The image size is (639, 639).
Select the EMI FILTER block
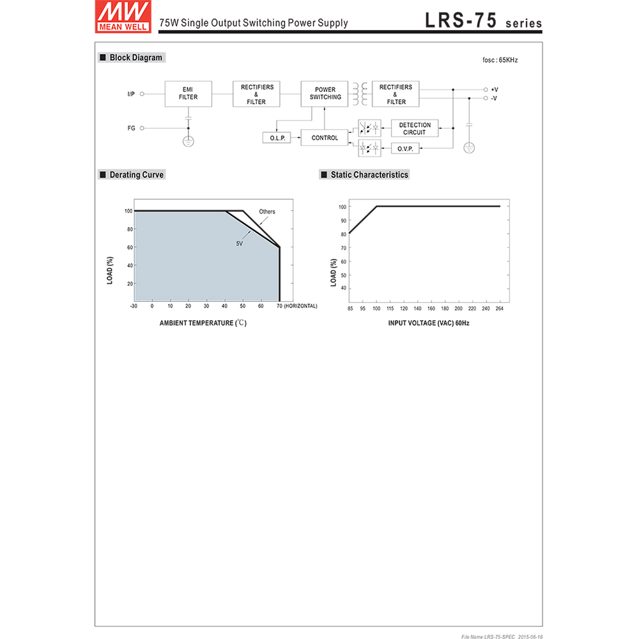[x=188, y=93]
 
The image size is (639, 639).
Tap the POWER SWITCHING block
[x=325, y=93]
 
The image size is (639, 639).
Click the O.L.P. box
[x=276, y=138]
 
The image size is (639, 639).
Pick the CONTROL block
[x=325, y=138]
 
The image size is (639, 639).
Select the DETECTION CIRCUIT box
[x=415, y=128]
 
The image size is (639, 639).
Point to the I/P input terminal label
[x=131, y=94]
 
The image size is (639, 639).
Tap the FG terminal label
[x=131, y=128]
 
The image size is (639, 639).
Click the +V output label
[x=495, y=89]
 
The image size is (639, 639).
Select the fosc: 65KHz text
[x=500, y=60]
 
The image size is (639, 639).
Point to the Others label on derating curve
[x=267, y=212]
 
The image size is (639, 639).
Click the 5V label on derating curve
[x=240, y=243]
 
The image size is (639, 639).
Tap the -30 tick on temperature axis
[x=134, y=306]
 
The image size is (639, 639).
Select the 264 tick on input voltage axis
[x=500, y=309]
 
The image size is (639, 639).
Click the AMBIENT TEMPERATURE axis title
[x=203, y=323]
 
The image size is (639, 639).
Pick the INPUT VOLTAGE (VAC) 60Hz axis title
[x=429, y=323]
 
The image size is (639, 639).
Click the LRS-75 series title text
[x=483, y=20]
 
